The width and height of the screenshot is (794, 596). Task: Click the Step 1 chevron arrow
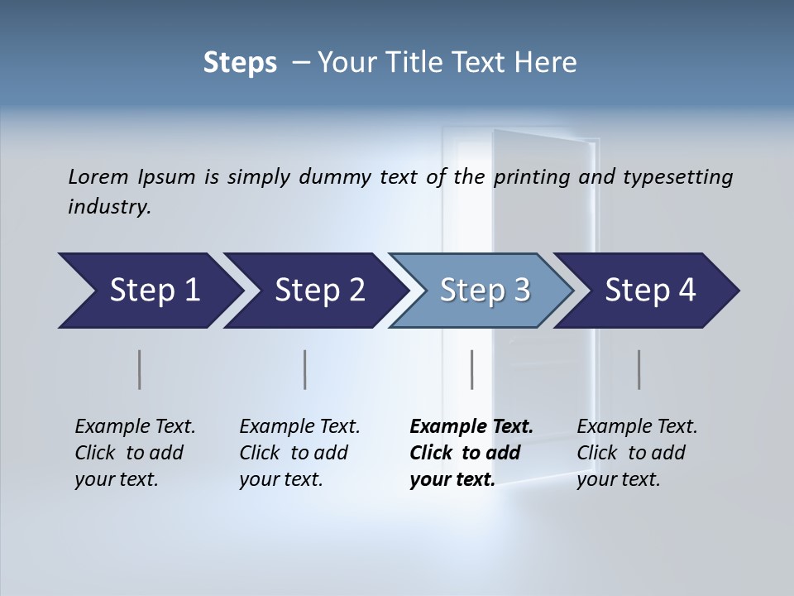pos(149,291)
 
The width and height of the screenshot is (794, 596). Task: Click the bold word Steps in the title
pos(240,63)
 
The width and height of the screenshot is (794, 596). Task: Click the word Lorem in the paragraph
pos(98,176)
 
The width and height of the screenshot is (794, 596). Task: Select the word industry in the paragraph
pos(108,206)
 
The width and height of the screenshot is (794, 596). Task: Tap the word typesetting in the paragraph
pos(677,176)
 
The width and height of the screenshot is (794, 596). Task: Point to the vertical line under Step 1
pos(139,369)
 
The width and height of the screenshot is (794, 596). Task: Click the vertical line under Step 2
pos(305,369)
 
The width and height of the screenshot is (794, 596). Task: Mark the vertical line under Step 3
pos(471,369)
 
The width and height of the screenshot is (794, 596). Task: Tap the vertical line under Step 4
pos(639,369)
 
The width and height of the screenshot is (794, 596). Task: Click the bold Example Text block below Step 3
pos(471,453)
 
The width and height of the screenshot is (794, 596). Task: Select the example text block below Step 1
pos(135,453)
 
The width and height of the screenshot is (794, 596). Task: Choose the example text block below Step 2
pos(299,453)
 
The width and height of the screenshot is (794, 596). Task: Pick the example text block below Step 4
pos(637,453)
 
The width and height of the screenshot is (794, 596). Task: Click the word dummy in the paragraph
pos(364,176)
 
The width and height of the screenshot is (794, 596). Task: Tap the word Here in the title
pos(548,63)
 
